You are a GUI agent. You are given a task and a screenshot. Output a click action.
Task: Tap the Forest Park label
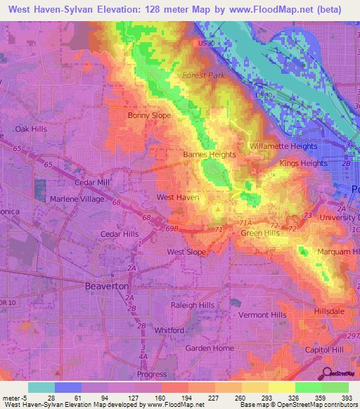tap(203, 75)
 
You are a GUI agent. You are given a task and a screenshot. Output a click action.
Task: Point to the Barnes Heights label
tap(209, 154)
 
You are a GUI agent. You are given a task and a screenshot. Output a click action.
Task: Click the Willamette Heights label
tap(284, 146)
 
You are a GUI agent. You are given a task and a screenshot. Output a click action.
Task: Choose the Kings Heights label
tap(303, 163)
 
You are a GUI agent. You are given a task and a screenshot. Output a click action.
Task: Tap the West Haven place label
tap(177, 197)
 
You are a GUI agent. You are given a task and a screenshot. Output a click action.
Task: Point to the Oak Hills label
tap(32, 129)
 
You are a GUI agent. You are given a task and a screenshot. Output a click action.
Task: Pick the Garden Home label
tap(209, 348)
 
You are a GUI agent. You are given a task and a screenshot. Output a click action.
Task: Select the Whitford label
tap(169, 329)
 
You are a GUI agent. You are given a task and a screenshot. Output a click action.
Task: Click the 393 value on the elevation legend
tap(345, 398)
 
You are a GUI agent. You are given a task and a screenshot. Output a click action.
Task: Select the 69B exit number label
tap(173, 228)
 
